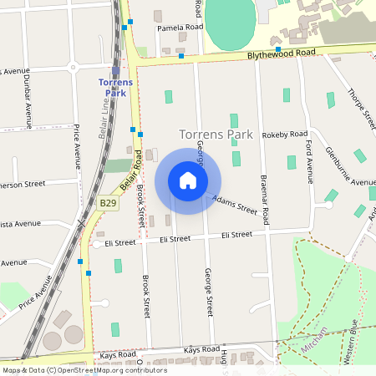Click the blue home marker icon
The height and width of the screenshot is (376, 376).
(188, 180)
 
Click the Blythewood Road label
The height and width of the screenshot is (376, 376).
(281, 53)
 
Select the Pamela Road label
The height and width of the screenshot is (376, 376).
(180, 28)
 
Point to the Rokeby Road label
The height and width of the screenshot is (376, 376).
(285, 134)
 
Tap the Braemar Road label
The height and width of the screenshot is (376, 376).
(264, 201)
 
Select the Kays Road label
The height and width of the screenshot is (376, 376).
(118, 356)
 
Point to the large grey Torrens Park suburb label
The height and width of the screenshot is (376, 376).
(216, 134)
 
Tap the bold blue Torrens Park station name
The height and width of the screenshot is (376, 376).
(116, 88)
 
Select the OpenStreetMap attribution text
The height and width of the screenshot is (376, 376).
(84, 370)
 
